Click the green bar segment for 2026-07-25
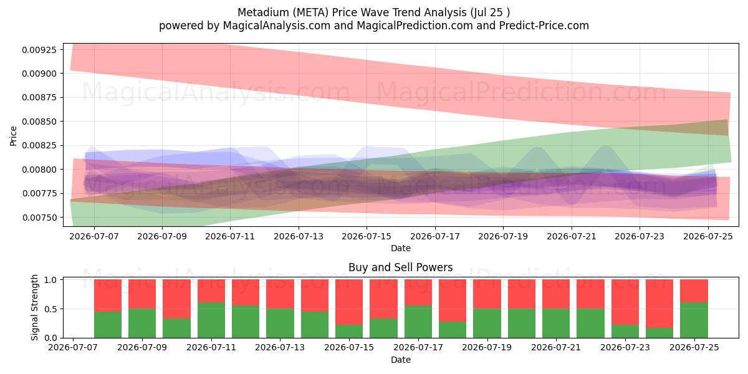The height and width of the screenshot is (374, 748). [694, 320]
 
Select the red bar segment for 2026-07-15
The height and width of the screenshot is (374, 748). [349, 302]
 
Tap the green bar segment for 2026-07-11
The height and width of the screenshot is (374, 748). [211, 320]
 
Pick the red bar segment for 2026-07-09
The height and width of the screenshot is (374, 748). [142, 294]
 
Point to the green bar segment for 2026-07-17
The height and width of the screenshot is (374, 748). [418, 322]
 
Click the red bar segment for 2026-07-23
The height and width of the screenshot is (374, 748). [625, 302]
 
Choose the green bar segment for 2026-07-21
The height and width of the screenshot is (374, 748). [556, 324]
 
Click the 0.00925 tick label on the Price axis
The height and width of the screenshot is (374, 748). [39, 50]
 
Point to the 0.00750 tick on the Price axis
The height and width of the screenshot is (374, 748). [39, 218]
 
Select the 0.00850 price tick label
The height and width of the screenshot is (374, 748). [39, 122]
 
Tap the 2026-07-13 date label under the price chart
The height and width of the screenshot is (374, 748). [299, 236]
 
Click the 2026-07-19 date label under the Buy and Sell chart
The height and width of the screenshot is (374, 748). [487, 347]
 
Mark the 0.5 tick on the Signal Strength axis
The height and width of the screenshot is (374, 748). [50, 309]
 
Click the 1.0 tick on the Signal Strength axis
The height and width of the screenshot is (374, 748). [50, 279]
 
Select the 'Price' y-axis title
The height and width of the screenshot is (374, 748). [13, 136]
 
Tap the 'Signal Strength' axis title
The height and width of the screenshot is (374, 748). [34, 307]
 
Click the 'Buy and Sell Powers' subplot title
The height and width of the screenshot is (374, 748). [400, 267]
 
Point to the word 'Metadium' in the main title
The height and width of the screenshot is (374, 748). [264, 12]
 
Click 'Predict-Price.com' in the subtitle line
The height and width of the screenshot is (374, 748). [544, 26]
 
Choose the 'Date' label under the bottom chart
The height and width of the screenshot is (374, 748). [401, 360]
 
